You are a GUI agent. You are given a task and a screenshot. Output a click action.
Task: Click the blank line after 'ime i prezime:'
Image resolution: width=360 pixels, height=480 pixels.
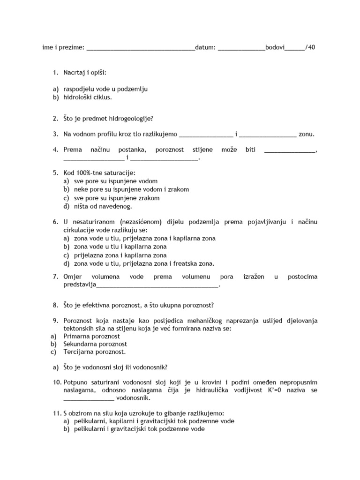coord(141,48)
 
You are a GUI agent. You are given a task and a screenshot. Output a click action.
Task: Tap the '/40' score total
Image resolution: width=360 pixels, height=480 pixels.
coord(310,47)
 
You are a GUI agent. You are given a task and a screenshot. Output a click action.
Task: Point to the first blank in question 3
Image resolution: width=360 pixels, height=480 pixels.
coord(206,135)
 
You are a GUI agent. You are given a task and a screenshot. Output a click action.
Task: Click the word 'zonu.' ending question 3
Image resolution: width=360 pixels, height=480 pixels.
coord(307,134)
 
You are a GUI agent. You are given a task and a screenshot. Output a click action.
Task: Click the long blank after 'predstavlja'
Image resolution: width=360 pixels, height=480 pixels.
coord(157,285)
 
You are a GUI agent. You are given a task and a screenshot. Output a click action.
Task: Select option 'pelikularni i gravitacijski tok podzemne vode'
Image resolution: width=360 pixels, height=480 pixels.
coord(139,429)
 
